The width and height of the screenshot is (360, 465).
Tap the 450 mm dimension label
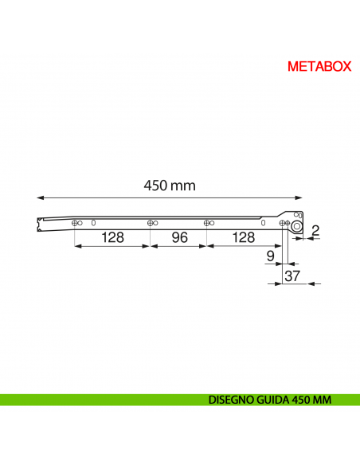[170, 185]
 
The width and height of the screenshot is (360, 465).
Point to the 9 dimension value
[270, 256]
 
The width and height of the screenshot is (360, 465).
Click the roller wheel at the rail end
[296, 226]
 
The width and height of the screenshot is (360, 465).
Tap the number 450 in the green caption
[303, 400]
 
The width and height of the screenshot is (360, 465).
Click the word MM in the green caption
[323, 400]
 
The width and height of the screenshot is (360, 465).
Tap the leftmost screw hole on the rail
[74, 223]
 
